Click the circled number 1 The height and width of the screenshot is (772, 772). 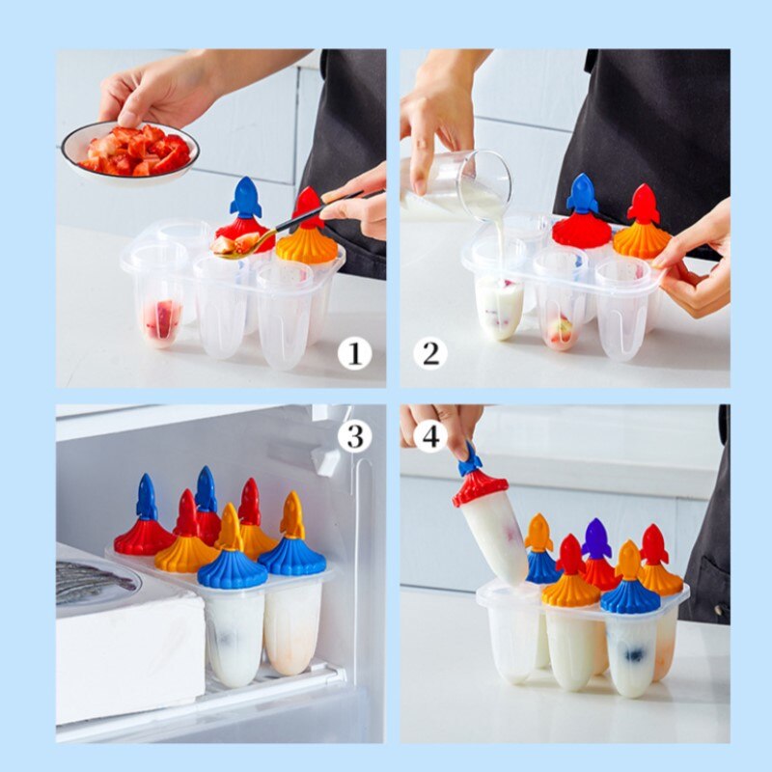coord(354,354)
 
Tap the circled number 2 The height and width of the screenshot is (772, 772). coord(430,354)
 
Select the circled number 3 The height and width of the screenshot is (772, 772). coord(354,436)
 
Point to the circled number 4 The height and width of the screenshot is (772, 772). coord(430,436)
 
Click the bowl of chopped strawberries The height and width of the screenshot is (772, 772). coord(130,150)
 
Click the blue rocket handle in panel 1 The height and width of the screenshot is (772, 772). coord(246,198)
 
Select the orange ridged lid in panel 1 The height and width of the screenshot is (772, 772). coord(307,246)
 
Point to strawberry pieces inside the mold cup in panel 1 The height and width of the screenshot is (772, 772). coord(162,318)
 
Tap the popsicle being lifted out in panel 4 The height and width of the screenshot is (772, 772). coord(492,531)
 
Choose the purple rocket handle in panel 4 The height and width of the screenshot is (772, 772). coord(596,538)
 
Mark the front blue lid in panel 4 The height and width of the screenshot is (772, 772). coord(629,596)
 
